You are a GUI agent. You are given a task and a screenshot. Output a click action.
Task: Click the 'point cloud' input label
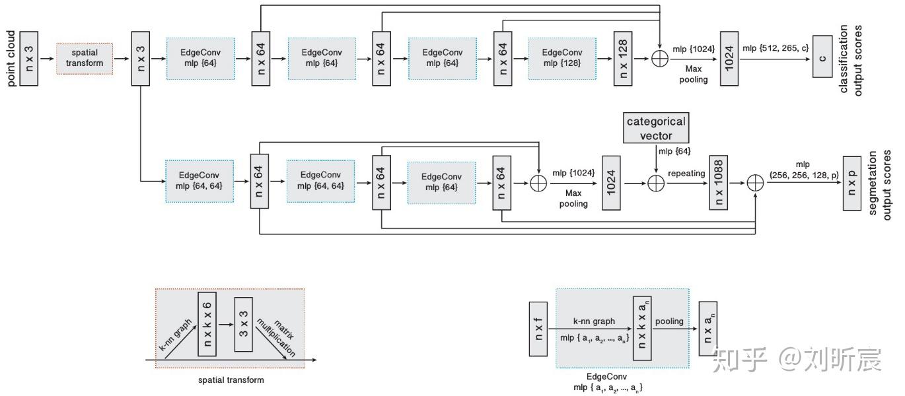[x=11, y=59]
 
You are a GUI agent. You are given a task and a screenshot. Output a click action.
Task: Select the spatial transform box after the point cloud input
[x=85, y=59]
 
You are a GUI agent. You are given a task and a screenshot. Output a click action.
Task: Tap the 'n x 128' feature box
[x=623, y=59]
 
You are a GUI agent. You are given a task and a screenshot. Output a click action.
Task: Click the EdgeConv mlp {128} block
[x=562, y=59]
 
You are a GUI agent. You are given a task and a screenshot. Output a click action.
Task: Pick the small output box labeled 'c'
[x=822, y=57]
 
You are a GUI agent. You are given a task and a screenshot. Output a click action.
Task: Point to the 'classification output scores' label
[x=850, y=60]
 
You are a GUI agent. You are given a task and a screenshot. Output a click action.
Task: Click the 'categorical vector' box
[x=656, y=128]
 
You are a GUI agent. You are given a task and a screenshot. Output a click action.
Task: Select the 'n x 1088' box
[x=718, y=182]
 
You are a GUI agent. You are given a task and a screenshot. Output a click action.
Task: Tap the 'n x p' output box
[x=851, y=183]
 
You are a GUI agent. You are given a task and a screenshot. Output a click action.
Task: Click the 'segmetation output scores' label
[x=879, y=184]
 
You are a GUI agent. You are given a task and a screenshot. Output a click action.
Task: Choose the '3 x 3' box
[x=244, y=325]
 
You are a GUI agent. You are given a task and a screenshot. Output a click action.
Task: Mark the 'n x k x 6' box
[x=207, y=324]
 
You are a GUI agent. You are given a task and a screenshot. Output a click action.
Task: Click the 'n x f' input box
[x=538, y=329]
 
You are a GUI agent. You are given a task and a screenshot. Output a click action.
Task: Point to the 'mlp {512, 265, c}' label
[x=776, y=48]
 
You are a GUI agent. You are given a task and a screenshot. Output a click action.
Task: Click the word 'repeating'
[x=686, y=173]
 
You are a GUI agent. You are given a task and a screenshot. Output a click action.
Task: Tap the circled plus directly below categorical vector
[x=656, y=183]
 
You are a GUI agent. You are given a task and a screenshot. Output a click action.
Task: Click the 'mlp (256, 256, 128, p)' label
[x=804, y=170]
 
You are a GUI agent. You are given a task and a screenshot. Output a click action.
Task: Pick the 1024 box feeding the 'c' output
[x=729, y=59]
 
